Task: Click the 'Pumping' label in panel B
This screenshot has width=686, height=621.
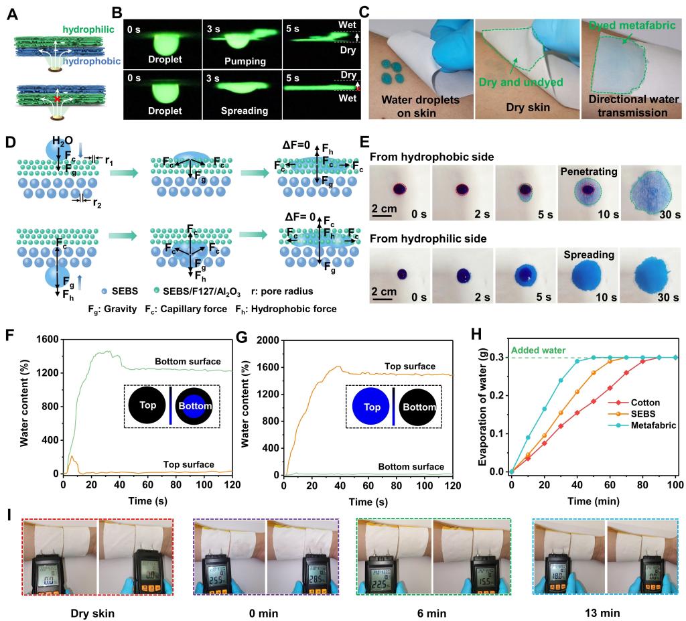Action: click(x=238, y=61)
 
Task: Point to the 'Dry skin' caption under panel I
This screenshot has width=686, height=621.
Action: click(x=92, y=593)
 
